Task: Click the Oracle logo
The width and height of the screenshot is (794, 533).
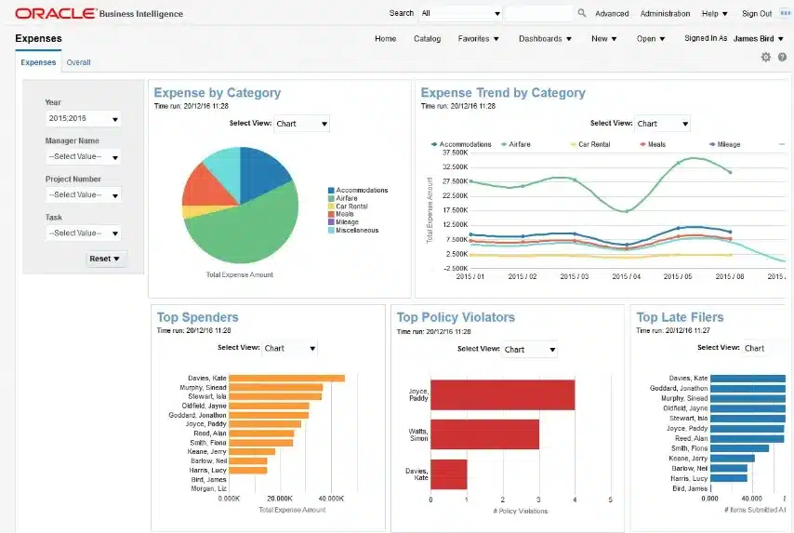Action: tap(55, 13)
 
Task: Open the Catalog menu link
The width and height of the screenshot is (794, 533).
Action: tap(427, 39)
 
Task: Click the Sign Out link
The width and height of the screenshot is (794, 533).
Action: tap(756, 14)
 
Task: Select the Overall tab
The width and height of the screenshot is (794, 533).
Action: tap(78, 63)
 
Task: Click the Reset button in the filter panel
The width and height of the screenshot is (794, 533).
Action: tap(104, 259)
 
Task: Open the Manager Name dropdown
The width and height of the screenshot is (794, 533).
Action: tap(83, 157)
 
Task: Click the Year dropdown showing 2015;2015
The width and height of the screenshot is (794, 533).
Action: tap(83, 119)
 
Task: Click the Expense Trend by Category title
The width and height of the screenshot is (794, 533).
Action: tap(503, 93)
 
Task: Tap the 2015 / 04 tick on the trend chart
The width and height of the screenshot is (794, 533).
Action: tap(628, 277)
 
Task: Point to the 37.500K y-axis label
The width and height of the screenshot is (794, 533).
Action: tap(454, 153)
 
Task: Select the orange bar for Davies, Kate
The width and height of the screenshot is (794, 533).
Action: tap(286, 378)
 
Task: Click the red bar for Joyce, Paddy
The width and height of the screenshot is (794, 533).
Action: tap(502, 394)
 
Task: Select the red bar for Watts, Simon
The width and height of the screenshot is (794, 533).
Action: tap(484, 433)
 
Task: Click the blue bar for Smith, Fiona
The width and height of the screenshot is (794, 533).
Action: tap(739, 448)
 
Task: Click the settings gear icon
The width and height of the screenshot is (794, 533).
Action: tap(766, 58)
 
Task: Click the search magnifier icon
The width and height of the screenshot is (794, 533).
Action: tap(582, 14)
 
